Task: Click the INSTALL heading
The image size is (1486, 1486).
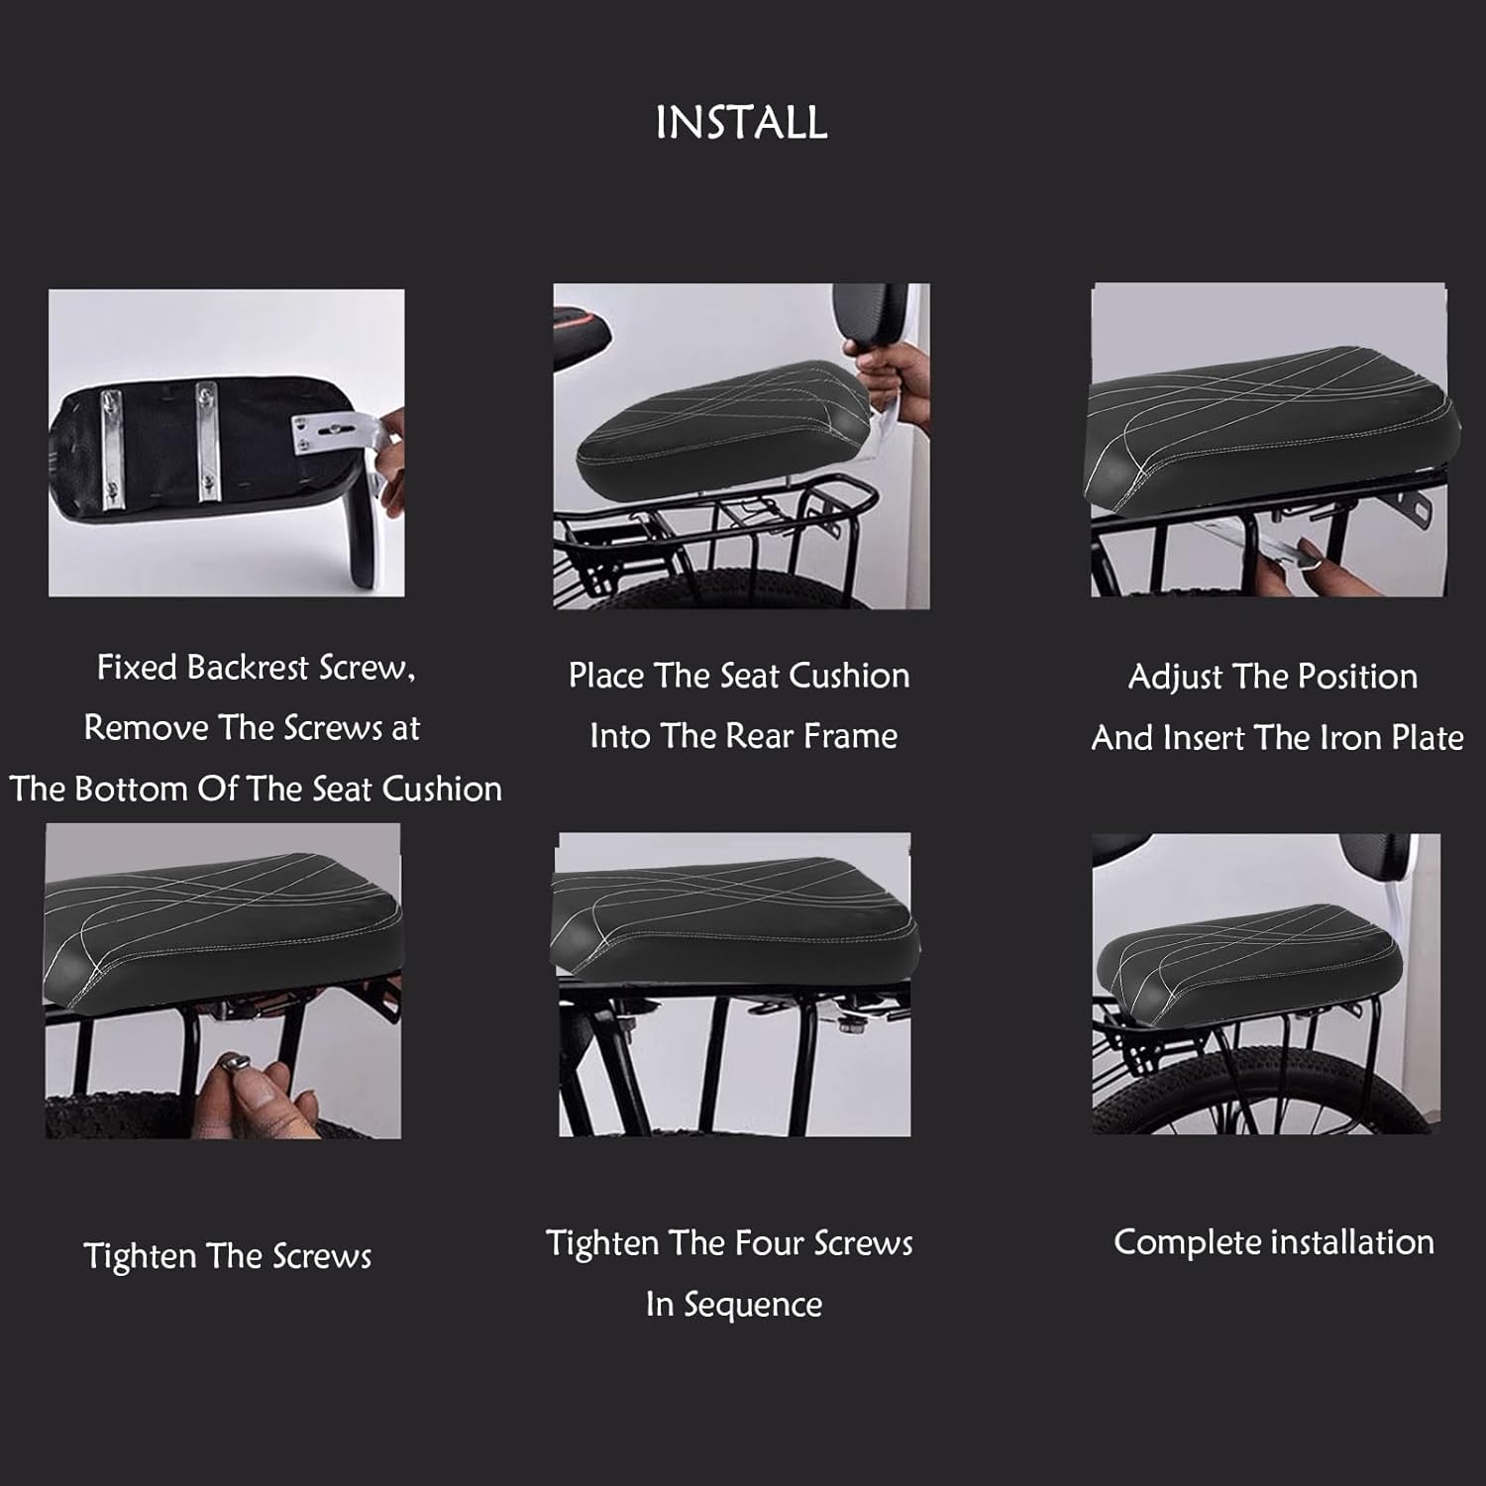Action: tap(741, 123)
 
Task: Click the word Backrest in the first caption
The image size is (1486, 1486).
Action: tap(249, 667)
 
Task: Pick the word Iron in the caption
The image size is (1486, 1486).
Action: tap(1348, 738)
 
